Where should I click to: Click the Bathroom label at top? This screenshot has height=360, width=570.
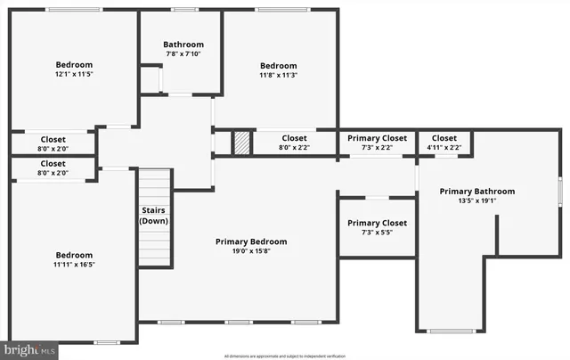(183, 45)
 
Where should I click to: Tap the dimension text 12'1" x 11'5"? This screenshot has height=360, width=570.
(74, 76)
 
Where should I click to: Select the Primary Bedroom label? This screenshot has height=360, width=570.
(251, 241)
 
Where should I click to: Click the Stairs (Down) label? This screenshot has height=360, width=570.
(154, 216)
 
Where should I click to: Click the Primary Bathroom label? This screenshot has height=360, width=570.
(476, 191)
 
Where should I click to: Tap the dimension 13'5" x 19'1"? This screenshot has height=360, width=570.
(476, 201)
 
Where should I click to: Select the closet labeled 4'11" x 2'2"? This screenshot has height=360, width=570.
(444, 143)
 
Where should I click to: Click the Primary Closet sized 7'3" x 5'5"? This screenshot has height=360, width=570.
(377, 227)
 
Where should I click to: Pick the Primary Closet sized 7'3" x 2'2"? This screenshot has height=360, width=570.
(377, 143)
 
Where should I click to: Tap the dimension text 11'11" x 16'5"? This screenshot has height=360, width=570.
(74, 265)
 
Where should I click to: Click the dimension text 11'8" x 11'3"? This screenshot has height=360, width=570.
(277, 76)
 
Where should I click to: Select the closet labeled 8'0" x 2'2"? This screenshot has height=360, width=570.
(294, 143)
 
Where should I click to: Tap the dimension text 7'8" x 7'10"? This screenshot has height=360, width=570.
(183, 55)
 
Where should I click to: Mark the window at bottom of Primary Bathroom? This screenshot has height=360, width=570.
(452, 331)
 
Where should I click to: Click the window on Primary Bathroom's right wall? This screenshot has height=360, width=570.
(559, 192)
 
